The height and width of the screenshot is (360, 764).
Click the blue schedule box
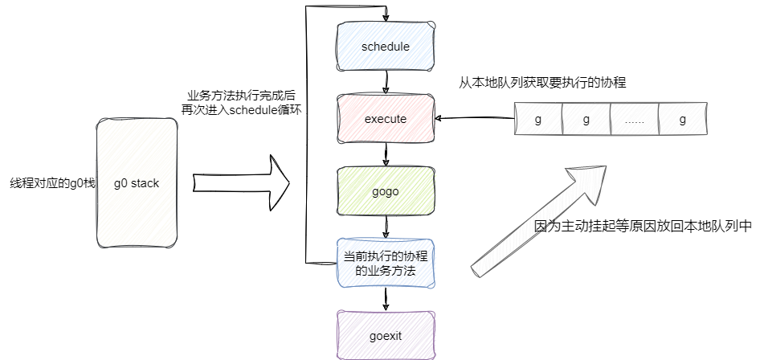386,47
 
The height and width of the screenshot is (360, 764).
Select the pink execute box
386,119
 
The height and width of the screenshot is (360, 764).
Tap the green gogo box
386,191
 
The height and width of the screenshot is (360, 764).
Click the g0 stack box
136,183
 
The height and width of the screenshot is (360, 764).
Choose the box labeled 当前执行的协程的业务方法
386,263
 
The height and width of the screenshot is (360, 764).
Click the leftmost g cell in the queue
538,120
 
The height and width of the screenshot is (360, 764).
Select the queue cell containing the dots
635,120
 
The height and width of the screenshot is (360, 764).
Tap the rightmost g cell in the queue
683,120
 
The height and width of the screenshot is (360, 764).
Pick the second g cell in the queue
586,120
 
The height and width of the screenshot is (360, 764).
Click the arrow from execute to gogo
386,155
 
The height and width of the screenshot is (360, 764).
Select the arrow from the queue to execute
474,119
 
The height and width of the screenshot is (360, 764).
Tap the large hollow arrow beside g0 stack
241,184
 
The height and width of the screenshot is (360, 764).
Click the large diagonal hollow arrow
535,218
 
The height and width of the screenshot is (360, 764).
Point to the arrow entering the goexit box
386,300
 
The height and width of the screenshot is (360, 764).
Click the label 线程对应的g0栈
48,184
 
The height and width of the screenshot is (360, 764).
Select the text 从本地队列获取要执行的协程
542,83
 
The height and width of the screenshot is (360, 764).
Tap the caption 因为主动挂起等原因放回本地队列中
642,227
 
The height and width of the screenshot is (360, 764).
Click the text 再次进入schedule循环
241,111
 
